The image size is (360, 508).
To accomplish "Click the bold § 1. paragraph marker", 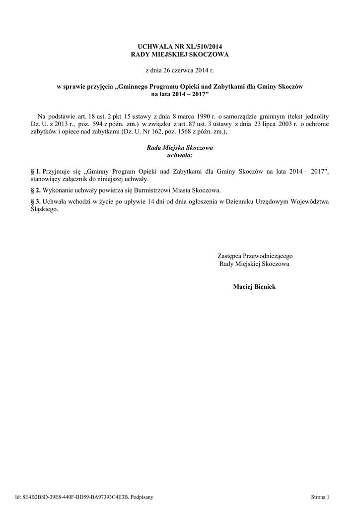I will (x=35, y=171).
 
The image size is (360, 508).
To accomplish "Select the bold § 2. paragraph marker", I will (x=35, y=190).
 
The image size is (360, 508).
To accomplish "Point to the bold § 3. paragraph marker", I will (x=35, y=201).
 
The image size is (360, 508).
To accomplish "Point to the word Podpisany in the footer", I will (x=142, y=497).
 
